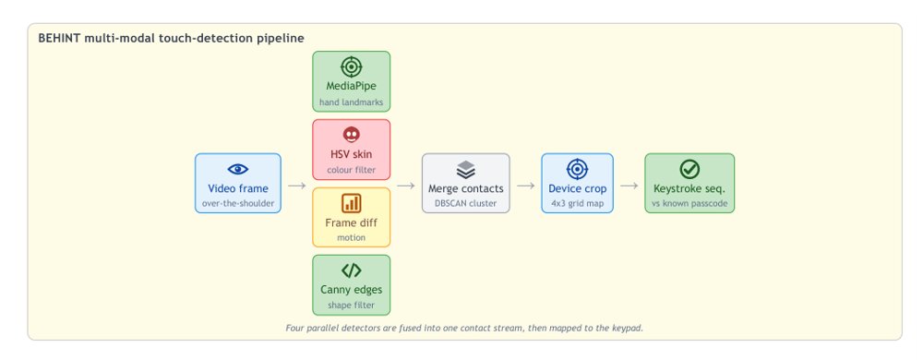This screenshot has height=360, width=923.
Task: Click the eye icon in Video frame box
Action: click(238, 170)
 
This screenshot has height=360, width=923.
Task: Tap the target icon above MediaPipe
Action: click(352, 67)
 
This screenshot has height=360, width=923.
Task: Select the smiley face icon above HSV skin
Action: click(352, 136)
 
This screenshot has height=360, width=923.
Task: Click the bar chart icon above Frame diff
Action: click(352, 203)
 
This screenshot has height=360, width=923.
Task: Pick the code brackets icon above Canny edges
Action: click(352, 270)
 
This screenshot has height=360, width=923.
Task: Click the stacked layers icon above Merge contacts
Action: click(465, 170)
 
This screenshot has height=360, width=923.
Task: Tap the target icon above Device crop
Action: click(578, 170)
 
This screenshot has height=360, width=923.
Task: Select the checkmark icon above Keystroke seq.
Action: click(689, 170)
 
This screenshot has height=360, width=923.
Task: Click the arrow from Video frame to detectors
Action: click(296, 186)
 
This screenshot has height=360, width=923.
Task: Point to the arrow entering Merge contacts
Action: click(406, 186)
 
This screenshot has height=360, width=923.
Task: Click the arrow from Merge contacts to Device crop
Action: click(526, 186)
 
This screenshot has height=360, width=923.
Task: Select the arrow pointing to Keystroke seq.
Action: click(629, 186)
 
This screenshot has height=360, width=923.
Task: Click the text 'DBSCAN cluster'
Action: click(465, 203)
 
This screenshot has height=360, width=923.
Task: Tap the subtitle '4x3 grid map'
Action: click(578, 203)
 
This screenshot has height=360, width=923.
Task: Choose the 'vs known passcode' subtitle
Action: click(689, 203)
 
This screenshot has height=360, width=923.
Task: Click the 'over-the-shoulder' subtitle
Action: click(238, 203)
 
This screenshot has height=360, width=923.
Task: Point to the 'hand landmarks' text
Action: click(352, 102)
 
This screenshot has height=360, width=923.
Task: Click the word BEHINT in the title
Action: click(59, 38)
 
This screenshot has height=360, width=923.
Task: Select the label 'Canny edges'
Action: click(352, 290)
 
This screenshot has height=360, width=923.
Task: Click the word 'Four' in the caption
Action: click(294, 328)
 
